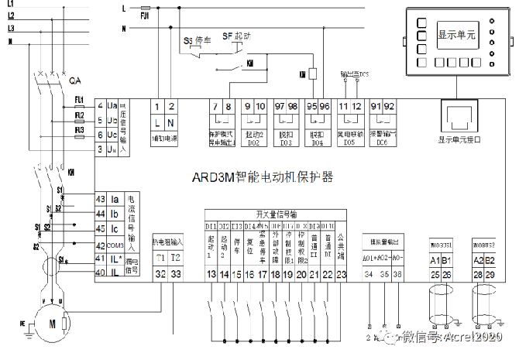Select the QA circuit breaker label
tap(76, 81)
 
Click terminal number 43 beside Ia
tap(100, 199)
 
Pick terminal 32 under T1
tap(160, 273)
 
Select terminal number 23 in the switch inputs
tap(342, 274)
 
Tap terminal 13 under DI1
tap(211, 274)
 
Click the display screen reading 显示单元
tap(457, 35)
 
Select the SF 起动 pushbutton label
tap(236, 36)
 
